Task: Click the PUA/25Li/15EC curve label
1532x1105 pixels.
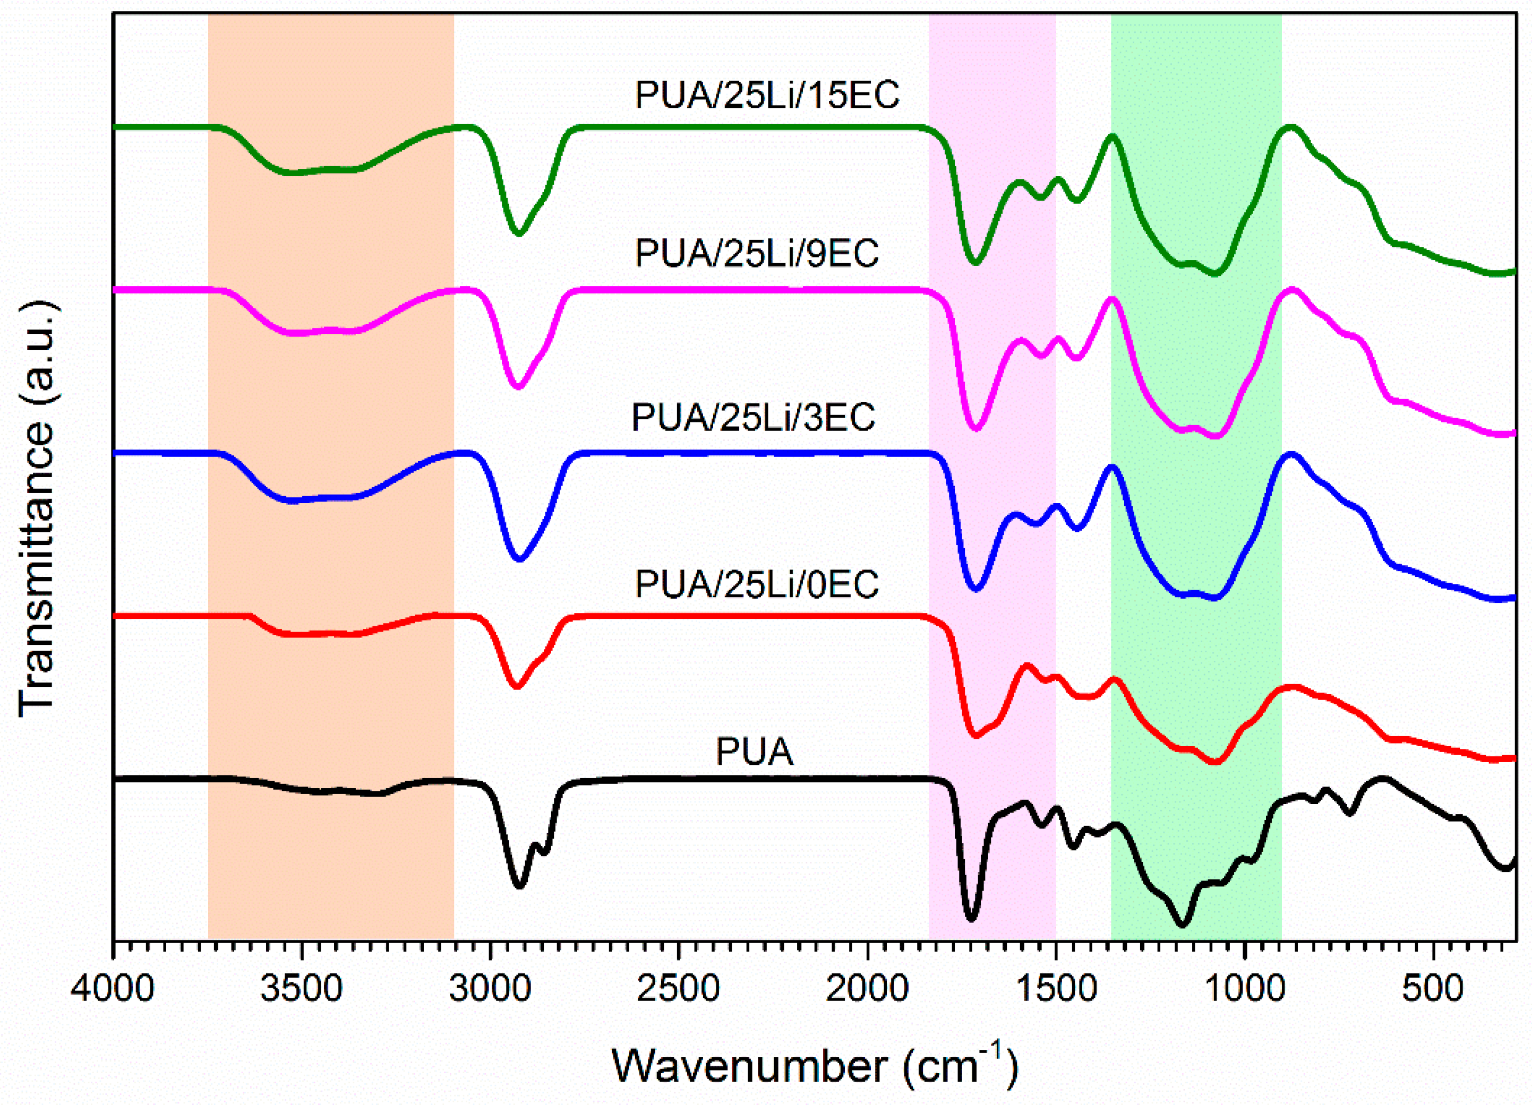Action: [767, 95]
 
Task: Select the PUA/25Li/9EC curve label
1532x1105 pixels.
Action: [757, 254]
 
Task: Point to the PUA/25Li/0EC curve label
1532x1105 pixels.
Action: [757, 584]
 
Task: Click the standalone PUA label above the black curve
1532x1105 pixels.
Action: [755, 752]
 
